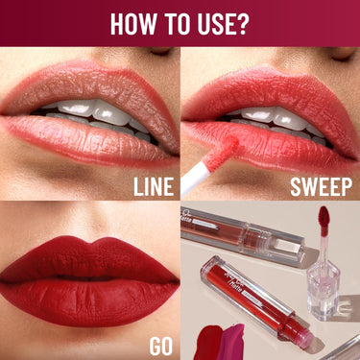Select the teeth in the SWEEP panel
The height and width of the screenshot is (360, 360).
pos(274,115)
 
